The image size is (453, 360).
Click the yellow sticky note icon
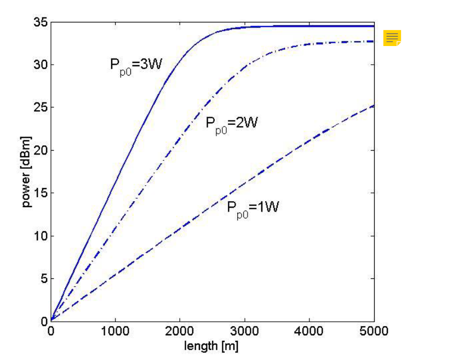click(392, 38)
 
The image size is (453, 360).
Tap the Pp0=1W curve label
click(253, 209)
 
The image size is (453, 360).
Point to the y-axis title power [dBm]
click(26, 172)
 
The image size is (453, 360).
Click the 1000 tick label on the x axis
click(115, 331)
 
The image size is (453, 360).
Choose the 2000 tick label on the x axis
click(180, 331)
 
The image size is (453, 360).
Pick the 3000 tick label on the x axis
click(244, 331)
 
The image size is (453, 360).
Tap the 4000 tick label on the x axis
click(309, 331)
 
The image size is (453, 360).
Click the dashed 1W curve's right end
click(374, 105)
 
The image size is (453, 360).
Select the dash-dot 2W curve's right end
click(374, 42)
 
